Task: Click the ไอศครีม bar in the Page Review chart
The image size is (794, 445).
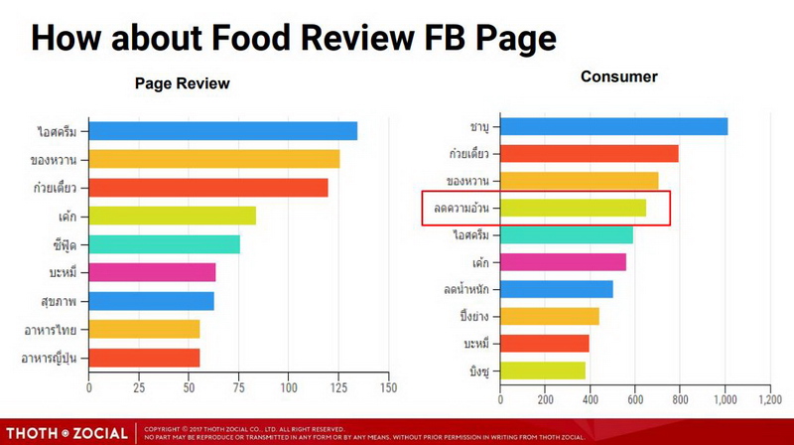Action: pos(222,131)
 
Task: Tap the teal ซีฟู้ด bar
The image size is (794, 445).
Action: pos(164,244)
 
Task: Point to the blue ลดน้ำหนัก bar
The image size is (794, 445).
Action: pos(556,289)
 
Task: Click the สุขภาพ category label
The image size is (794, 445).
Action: pos(61,301)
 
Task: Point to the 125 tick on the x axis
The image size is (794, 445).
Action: pos(339,386)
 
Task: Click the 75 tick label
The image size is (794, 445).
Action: pos(239,386)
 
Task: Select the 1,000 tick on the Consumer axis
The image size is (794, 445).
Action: pos(726,399)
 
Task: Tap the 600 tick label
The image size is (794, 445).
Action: pos(635,399)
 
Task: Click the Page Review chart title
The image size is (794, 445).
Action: pos(183,83)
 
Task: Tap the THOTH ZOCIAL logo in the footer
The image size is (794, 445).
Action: pos(66,433)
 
